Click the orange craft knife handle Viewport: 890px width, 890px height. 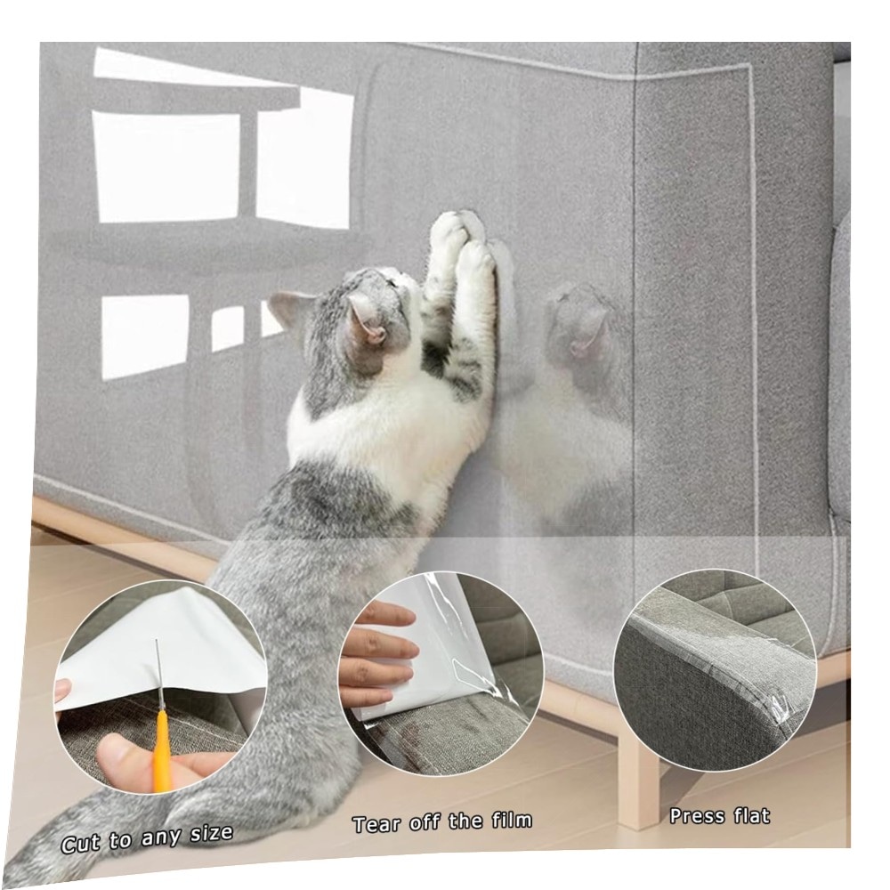(162, 750)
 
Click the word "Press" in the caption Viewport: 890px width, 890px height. (698, 816)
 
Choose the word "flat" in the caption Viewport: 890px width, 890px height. (751, 815)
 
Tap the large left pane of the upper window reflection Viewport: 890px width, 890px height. (166, 167)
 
